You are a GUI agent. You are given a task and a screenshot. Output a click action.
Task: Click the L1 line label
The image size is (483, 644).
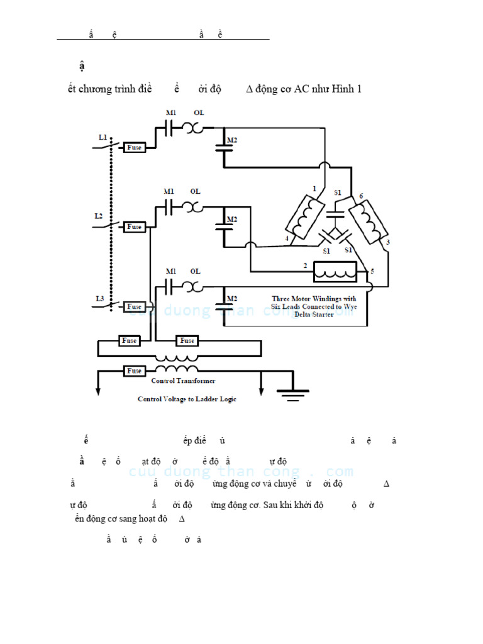(x=103, y=136)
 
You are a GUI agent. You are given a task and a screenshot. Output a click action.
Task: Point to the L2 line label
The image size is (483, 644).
(x=99, y=216)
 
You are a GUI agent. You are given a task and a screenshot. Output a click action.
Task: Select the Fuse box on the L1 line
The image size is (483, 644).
(x=134, y=147)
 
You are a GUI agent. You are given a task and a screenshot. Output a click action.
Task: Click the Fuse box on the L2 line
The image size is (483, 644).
(x=134, y=226)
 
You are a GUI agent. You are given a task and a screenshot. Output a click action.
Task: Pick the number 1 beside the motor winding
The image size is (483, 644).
(x=314, y=187)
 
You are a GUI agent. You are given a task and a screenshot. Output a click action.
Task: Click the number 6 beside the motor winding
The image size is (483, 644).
(x=361, y=196)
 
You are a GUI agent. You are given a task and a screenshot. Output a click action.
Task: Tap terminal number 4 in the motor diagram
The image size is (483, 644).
(x=286, y=239)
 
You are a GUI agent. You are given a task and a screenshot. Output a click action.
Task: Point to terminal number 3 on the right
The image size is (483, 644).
(x=387, y=241)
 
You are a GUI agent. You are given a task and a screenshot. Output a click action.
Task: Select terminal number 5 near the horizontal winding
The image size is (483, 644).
(x=372, y=272)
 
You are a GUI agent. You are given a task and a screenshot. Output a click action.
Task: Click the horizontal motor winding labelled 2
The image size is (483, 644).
(x=335, y=271)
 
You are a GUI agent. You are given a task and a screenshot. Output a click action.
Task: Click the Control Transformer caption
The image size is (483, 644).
(x=183, y=381)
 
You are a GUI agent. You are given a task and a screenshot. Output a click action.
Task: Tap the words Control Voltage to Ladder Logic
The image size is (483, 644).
(x=187, y=399)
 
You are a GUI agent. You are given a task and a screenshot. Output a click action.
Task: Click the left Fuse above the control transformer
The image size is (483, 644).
(x=129, y=341)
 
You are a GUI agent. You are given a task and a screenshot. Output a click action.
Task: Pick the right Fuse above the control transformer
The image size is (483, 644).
(x=187, y=341)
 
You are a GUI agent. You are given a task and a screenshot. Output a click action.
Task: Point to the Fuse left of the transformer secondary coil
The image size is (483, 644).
(x=134, y=371)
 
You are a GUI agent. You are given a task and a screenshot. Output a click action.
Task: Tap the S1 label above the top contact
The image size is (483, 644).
(x=338, y=192)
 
